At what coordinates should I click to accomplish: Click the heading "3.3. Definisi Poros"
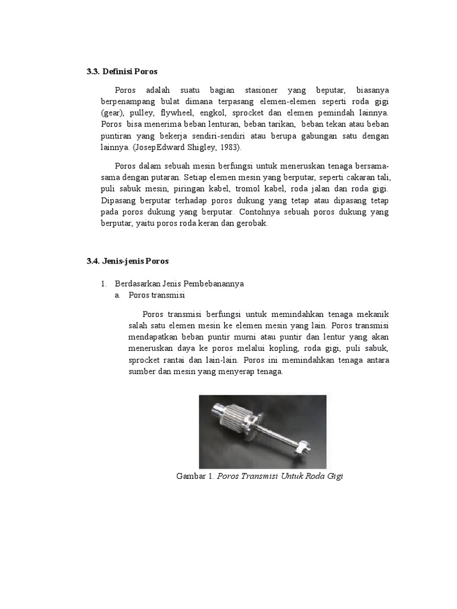[122, 71]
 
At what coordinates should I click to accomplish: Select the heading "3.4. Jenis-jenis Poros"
[128, 260]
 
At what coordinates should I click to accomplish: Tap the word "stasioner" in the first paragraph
[261, 90]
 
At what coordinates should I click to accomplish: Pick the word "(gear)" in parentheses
[112, 112]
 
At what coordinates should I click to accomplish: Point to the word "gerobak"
[252, 224]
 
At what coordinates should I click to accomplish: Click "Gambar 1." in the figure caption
[195, 476]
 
